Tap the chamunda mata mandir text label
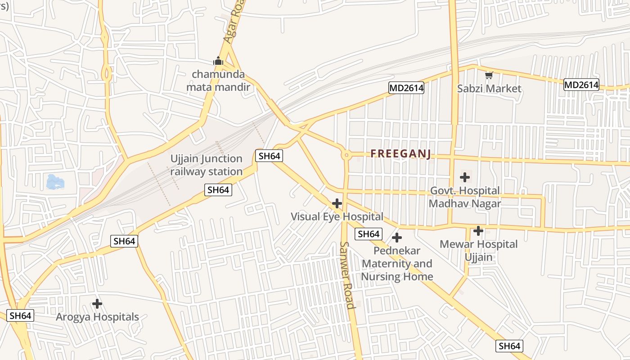(218, 81)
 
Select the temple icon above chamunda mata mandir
(218, 60)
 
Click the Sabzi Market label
(489, 88)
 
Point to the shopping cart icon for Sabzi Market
(489, 75)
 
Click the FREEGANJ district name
(400, 154)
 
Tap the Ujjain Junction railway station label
(206, 165)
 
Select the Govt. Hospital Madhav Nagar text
(465, 197)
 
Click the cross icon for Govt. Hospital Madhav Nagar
(465, 177)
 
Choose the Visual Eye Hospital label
(337, 216)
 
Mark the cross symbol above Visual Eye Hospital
(337, 203)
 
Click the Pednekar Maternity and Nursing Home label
(397, 263)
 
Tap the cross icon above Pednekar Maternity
(397, 237)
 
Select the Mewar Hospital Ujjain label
(478, 251)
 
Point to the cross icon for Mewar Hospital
(478, 231)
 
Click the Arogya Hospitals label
(97, 317)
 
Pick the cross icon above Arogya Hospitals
(97, 304)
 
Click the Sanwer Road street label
(347, 275)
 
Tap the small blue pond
(55, 182)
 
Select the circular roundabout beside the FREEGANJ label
(346, 155)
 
